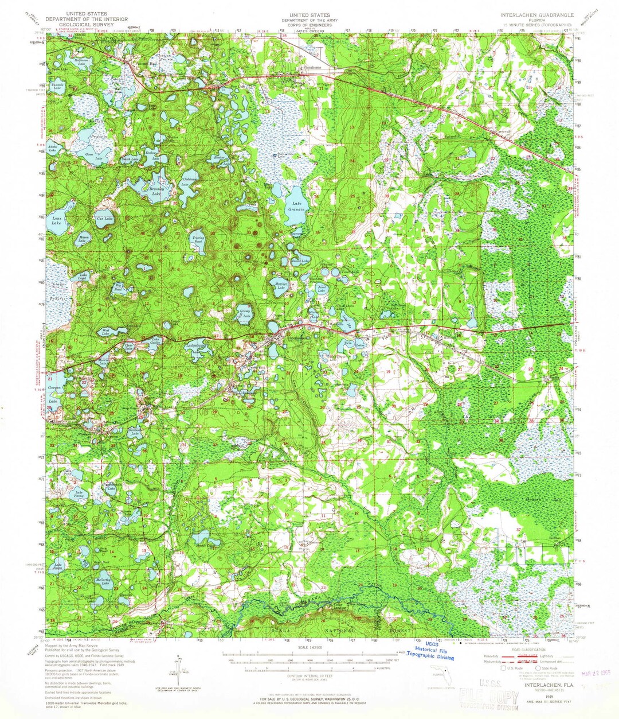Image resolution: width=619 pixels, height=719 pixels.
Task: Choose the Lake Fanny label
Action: (79, 495)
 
